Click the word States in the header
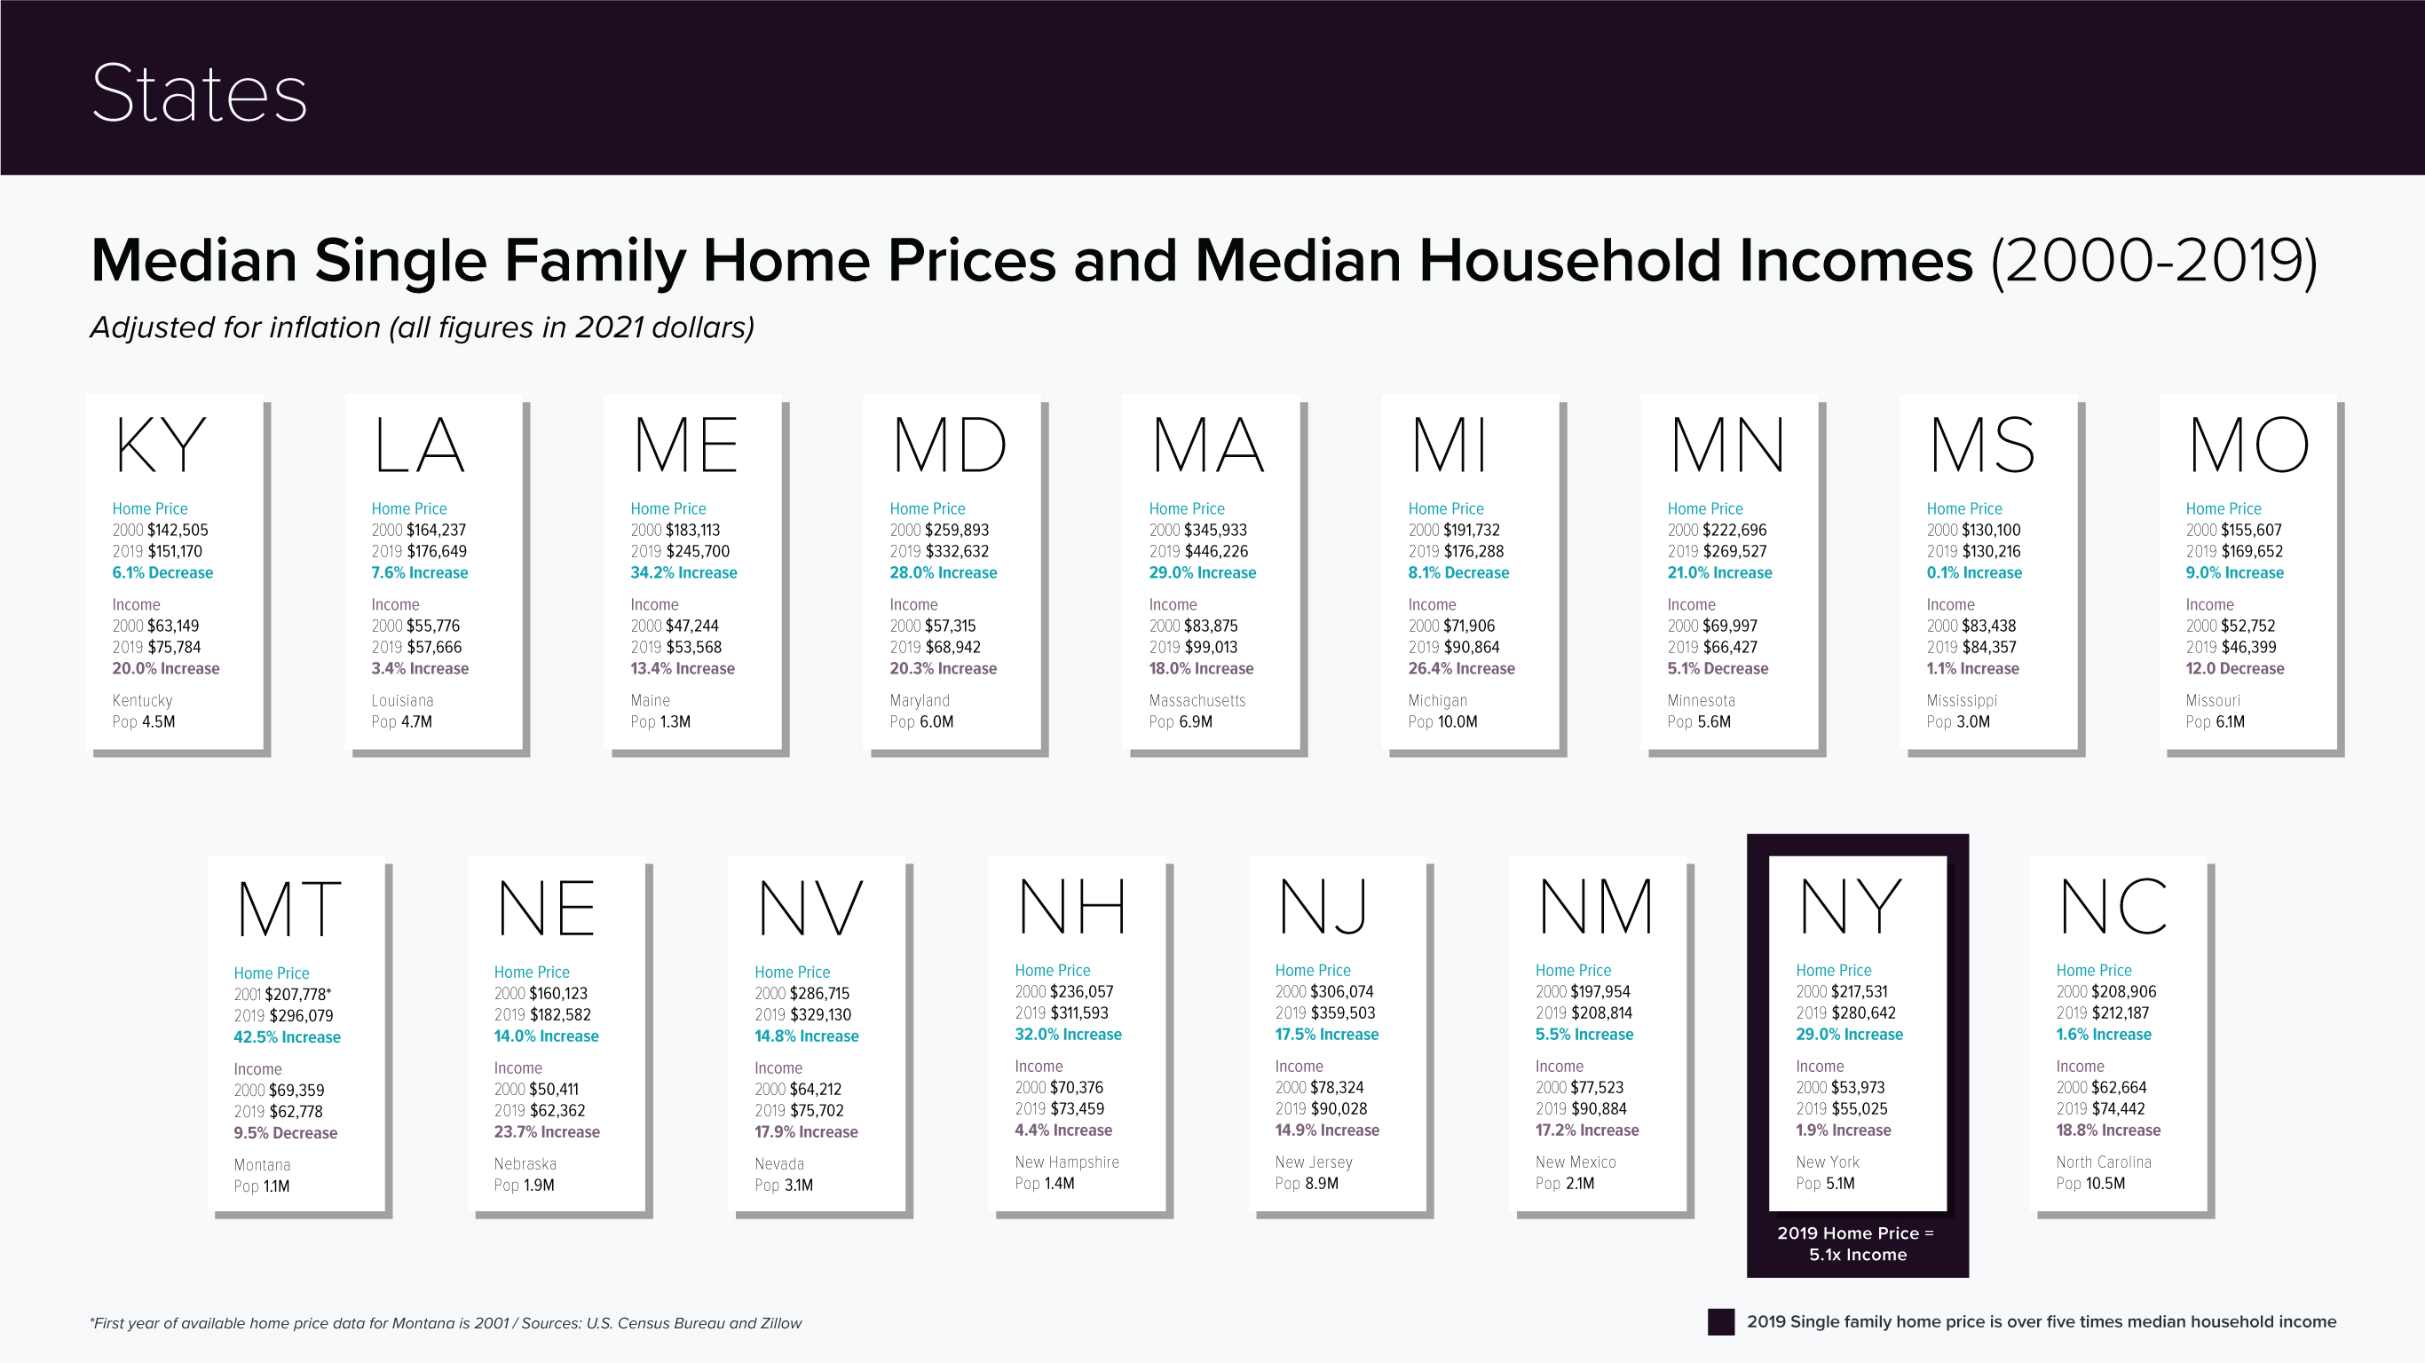pos(199,93)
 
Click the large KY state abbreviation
pos(160,445)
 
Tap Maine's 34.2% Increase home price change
pos(683,572)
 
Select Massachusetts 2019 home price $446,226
pos(1215,552)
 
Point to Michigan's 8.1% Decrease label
pos(1458,572)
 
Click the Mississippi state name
pos(1961,700)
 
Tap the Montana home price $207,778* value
pos(297,994)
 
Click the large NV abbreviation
pos(810,909)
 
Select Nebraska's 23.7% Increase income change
pos(547,1131)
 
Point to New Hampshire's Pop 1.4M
pos(1044,1183)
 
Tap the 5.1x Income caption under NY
pos(1857,1254)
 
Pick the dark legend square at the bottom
pos(1721,1321)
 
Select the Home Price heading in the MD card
pos(928,508)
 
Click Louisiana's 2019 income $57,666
pos(434,647)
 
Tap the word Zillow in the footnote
pos(778,1322)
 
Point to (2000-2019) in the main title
pos(2154,260)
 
